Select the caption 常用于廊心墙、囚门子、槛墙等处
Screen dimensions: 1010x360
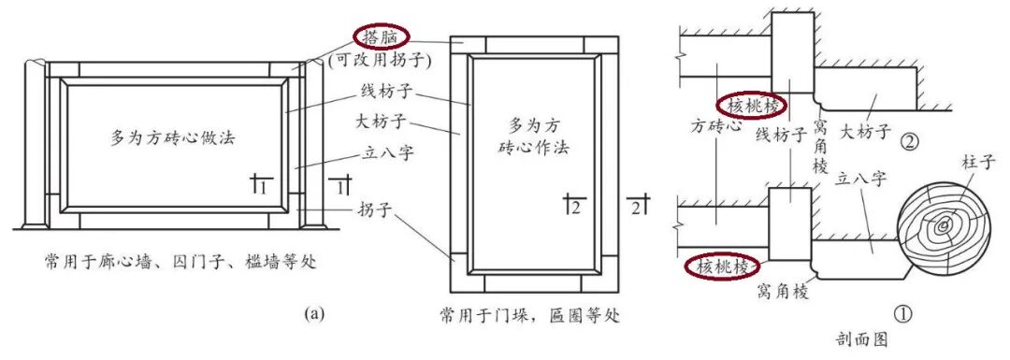tap(180, 260)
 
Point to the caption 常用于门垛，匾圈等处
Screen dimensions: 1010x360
tap(527, 314)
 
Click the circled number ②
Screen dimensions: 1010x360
tap(906, 143)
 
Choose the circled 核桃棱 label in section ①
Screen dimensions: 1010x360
tap(721, 267)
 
